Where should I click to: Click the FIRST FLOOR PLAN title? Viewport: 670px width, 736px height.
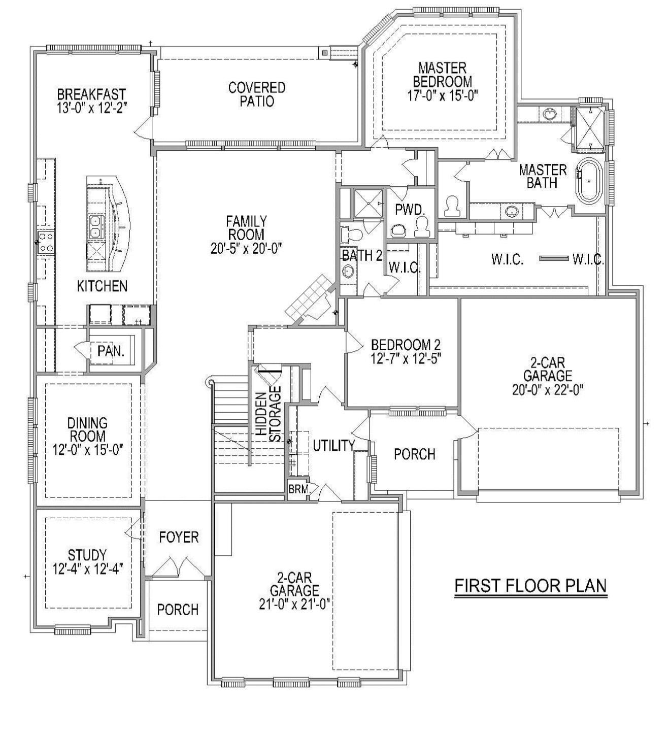pyautogui.click(x=530, y=585)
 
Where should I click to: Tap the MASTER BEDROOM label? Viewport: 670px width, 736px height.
pyautogui.click(x=442, y=75)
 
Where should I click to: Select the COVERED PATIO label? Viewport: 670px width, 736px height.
pyautogui.click(x=256, y=94)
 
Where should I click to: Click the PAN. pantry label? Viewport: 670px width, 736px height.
pyautogui.click(x=111, y=351)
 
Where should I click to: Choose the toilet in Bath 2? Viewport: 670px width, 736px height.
pyautogui.click(x=352, y=235)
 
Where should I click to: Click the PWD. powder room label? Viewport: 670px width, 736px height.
pyautogui.click(x=409, y=210)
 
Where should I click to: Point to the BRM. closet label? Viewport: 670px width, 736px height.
pyautogui.click(x=296, y=490)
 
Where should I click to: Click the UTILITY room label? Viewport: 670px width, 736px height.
pyautogui.click(x=333, y=445)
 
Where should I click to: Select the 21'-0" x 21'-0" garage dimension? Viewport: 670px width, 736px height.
pyautogui.click(x=294, y=604)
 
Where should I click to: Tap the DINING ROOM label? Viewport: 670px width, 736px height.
pyautogui.click(x=88, y=429)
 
